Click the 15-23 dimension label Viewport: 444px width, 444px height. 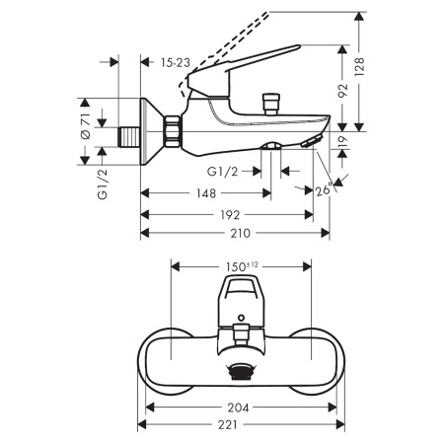pos(177,61)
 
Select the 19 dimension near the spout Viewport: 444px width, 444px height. pos(342,144)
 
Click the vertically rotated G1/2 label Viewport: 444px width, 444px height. pos(103,183)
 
